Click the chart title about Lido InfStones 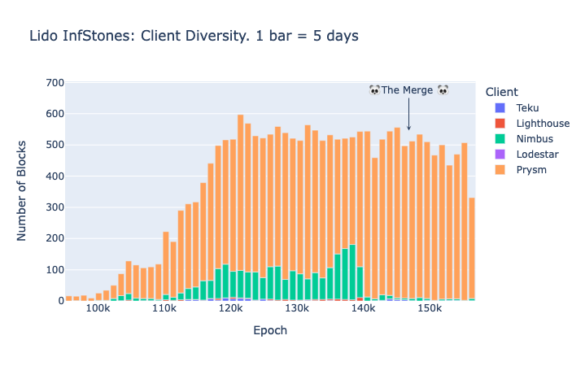194,36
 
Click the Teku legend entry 527,107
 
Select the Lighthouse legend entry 542,124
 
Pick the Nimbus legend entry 534,139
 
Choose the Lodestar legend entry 537,155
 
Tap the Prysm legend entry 530,170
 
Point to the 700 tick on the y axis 55,83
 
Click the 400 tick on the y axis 55,176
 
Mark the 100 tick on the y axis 55,270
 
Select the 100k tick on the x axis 98,310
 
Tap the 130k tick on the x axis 297,310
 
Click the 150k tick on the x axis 430,310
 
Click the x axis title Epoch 270,331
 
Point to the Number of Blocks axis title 23,192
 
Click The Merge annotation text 408,90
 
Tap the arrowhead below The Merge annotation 408,127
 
